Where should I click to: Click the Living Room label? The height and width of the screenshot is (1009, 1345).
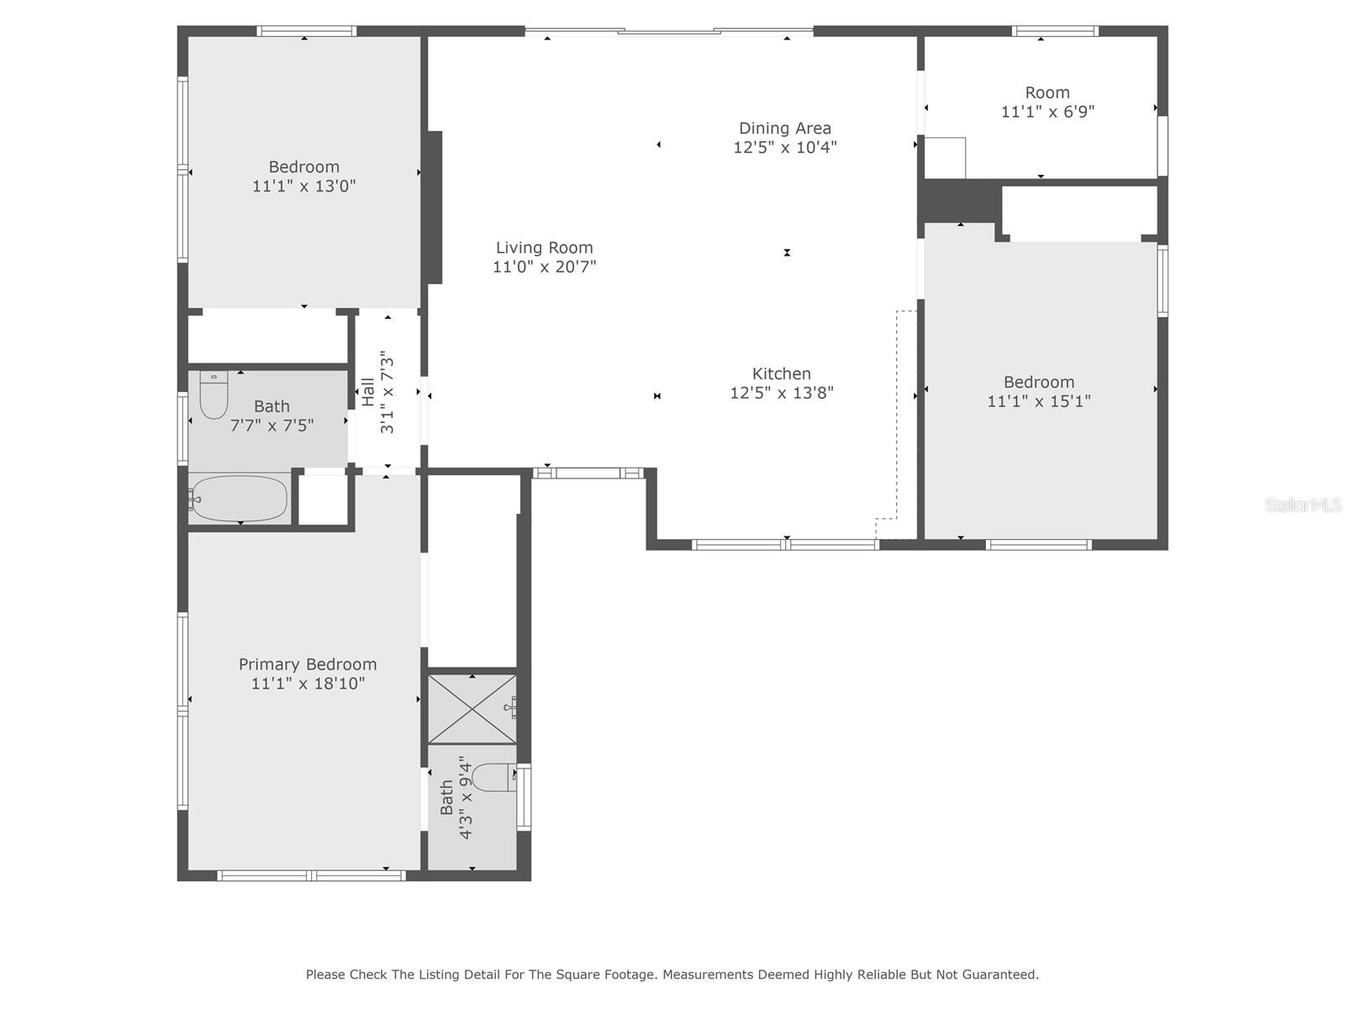pyautogui.click(x=544, y=247)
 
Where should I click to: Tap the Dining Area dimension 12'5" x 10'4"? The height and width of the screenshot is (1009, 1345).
pyautogui.click(x=785, y=147)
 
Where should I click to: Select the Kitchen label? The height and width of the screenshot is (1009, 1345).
pyautogui.click(x=781, y=373)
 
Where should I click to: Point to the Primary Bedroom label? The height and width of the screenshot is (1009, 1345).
pyautogui.click(x=308, y=665)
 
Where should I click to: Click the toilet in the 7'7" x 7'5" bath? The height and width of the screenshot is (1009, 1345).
pyautogui.click(x=214, y=394)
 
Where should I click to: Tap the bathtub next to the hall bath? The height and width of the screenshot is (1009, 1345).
pyautogui.click(x=239, y=498)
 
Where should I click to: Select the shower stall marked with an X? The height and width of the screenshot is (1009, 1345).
pyautogui.click(x=472, y=709)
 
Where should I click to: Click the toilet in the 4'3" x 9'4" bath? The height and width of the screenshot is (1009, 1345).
pyautogui.click(x=494, y=778)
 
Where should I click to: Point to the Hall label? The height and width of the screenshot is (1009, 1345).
pyautogui.click(x=368, y=392)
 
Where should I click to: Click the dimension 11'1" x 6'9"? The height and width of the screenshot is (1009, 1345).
pyautogui.click(x=1047, y=112)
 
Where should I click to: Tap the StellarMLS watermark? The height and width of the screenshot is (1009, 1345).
pyautogui.click(x=1303, y=504)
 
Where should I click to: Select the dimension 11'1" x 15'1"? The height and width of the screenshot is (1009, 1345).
pyautogui.click(x=1039, y=401)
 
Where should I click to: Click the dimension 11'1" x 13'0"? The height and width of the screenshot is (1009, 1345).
pyautogui.click(x=304, y=186)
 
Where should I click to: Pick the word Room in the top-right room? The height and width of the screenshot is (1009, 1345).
pyautogui.click(x=1047, y=92)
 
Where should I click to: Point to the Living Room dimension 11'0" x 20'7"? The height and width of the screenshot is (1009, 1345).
pyautogui.click(x=544, y=267)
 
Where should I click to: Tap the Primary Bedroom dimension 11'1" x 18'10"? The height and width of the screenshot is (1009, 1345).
pyautogui.click(x=309, y=684)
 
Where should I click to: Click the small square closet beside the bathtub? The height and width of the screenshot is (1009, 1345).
pyautogui.click(x=323, y=500)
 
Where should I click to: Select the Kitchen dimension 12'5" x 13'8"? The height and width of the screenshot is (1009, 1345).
pyautogui.click(x=781, y=393)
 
